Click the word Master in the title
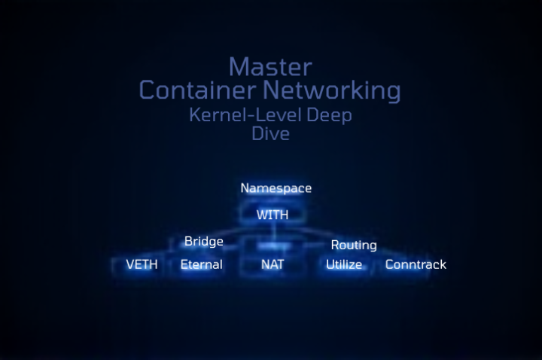pos(269,66)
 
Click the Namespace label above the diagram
pos(276,188)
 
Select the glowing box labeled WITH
pos(272,215)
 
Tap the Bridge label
pos(203,241)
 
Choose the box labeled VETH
pos(142,264)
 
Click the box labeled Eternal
pos(201,264)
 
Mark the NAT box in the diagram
pos(272,264)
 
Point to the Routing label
pos(354,245)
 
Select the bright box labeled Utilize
pos(343,264)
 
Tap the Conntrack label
pos(416,264)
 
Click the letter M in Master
pos(238,66)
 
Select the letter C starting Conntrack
pos(390,264)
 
